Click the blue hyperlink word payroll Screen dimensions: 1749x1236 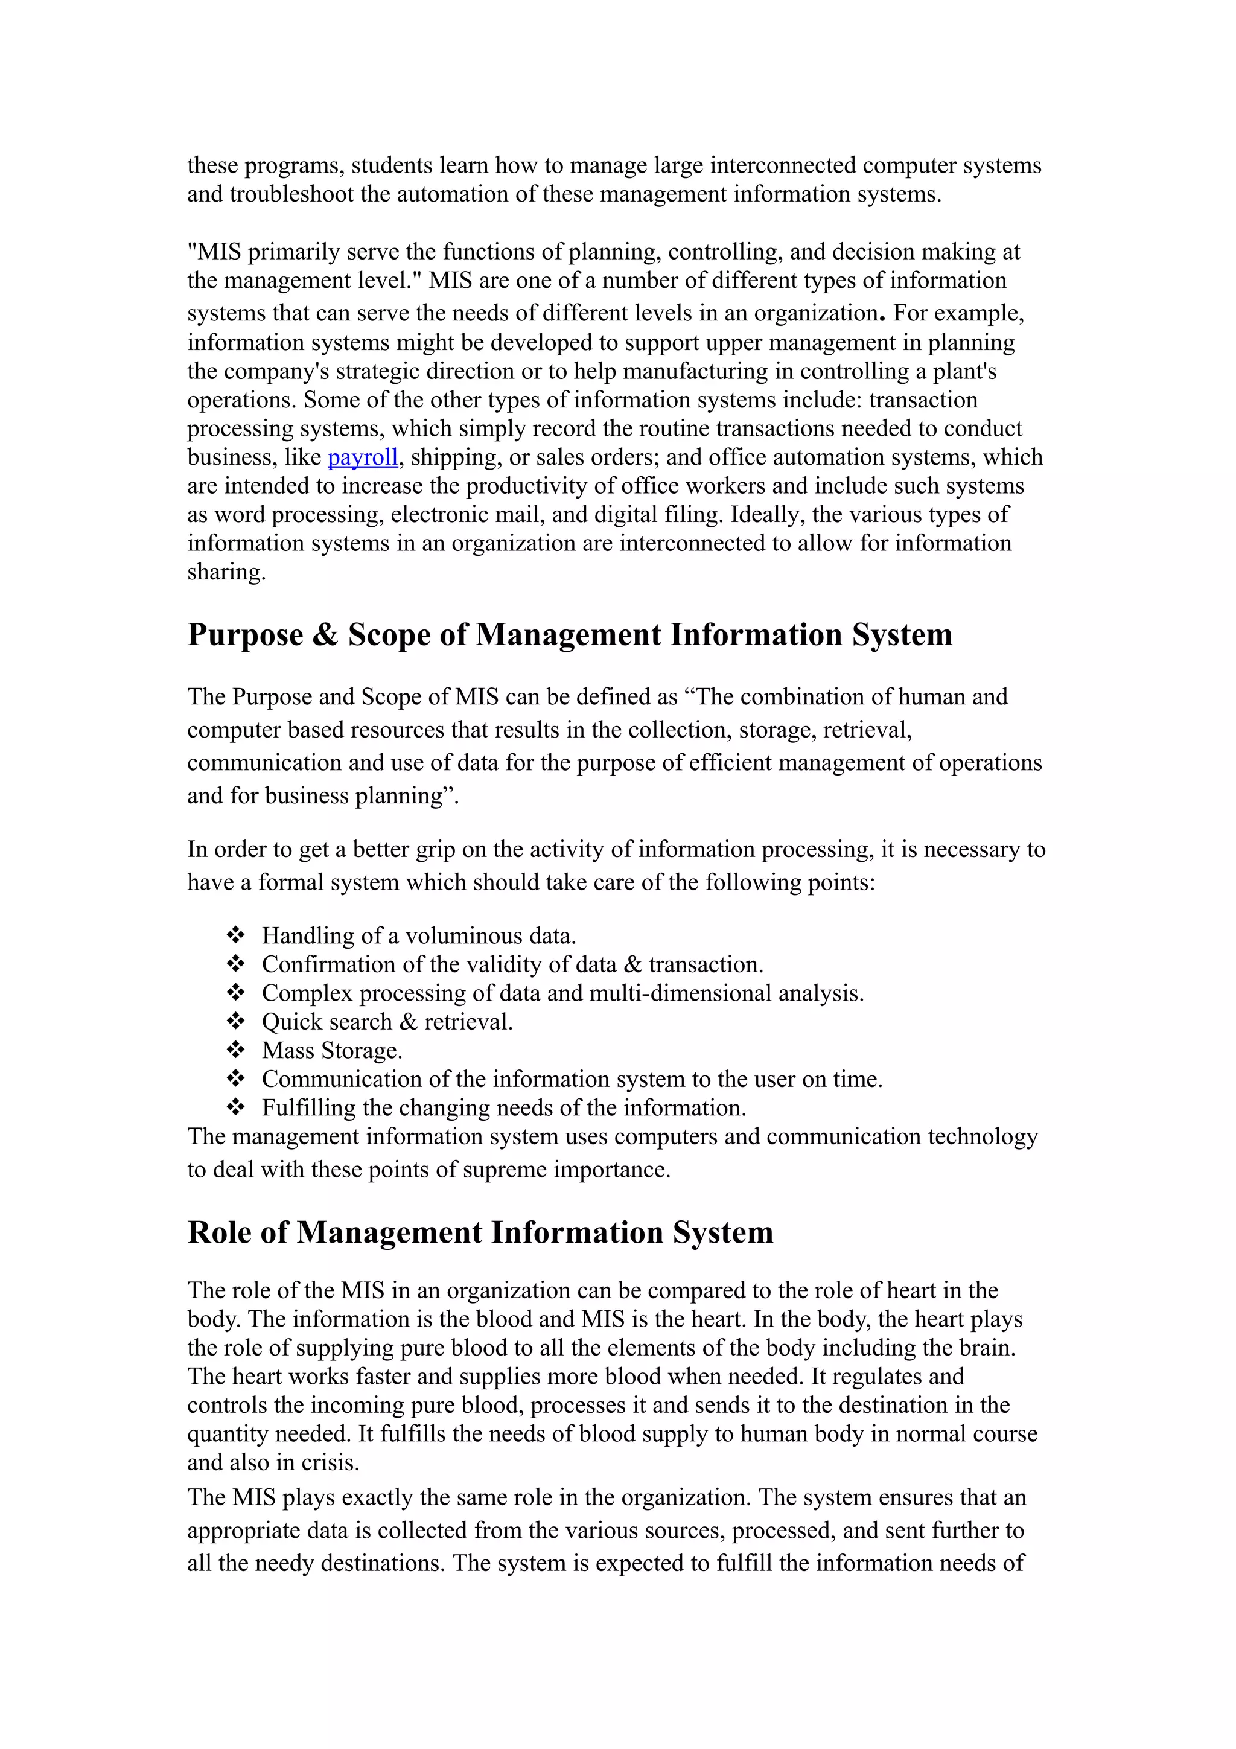pyautogui.click(x=363, y=457)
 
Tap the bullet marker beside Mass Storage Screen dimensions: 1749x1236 pyautogui.click(x=235, y=1051)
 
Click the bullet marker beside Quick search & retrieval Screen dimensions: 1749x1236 pyautogui.click(x=235, y=1022)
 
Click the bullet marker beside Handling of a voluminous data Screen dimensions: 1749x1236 pyautogui.click(x=235, y=935)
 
